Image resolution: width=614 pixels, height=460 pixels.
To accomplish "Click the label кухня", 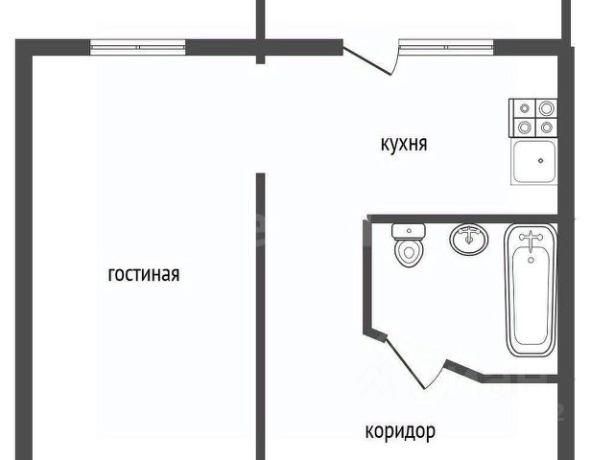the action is (x=403, y=145).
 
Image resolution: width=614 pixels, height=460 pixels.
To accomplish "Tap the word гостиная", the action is (x=144, y=275).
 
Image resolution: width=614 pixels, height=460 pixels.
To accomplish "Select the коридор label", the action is (x=400, y=432).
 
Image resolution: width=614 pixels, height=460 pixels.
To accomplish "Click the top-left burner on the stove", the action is (x=525, y=108).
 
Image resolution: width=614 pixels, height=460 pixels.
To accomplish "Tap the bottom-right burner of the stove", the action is (x=546, y=126).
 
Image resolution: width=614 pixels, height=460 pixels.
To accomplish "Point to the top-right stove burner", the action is (x=546, y=108).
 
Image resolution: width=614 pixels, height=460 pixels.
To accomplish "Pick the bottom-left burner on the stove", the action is (x=525, y=126).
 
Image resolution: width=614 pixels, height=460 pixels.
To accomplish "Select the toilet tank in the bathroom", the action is (x=409, y=230).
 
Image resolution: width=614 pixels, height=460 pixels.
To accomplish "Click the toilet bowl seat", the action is (x=410, y=254).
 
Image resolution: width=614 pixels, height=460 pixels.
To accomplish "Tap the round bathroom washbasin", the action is (x=468, y=240).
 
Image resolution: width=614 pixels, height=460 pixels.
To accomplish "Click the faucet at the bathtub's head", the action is (x=530, y=237).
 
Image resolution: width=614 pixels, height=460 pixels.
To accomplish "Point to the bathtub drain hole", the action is (x=530, y=255).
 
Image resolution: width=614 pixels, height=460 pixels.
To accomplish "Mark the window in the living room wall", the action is (x=137, y=44).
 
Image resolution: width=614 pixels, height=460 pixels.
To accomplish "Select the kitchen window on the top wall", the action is (x=445, y=44).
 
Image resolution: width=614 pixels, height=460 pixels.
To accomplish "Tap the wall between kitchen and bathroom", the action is (x=460, y=218).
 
